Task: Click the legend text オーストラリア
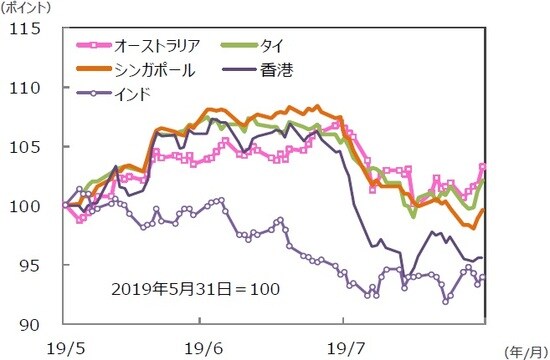click(x=160, y=45)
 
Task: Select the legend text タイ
click(x=272, y=45)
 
